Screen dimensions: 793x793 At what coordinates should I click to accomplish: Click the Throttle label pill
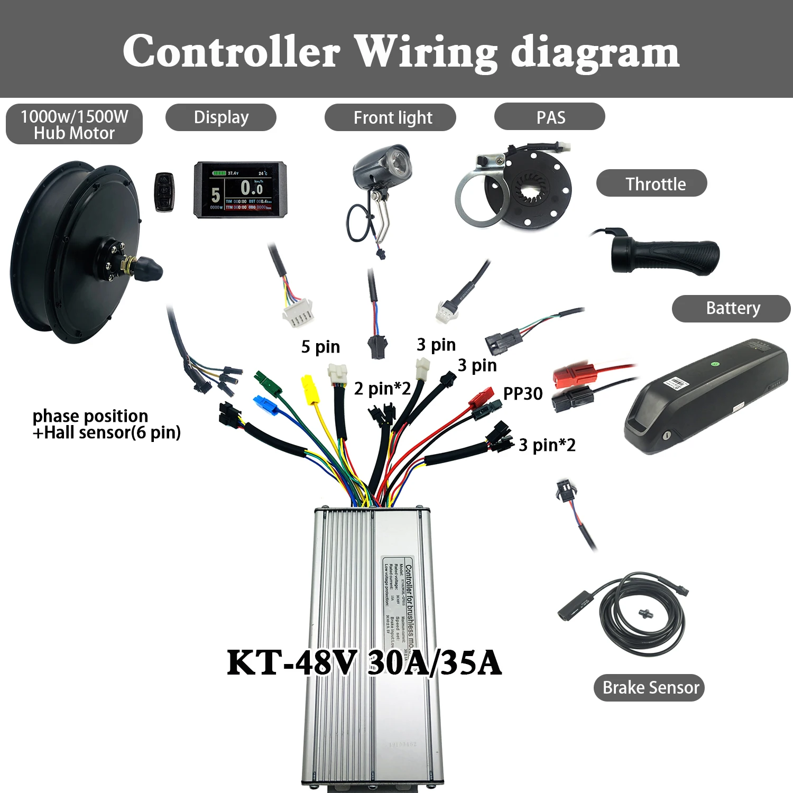click(x=651, y=183)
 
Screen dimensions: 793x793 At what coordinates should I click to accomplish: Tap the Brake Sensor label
click(x=649, y=687)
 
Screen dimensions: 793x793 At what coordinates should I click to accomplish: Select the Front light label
click(x=390, y=117)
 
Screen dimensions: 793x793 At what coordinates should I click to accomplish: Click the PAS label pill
click(x=549, y=117)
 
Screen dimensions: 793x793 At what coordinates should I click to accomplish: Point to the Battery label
click(x=731, y=308)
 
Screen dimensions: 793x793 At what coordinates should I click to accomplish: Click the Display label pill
click(x=221, y=117)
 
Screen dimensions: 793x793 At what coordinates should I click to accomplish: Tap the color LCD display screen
click(x=241, y=190)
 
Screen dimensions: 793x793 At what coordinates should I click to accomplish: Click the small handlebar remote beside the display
click(x=164, y=192)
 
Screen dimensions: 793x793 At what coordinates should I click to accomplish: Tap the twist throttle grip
click(x=666, y=256)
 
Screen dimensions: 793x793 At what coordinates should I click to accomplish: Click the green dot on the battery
click(x=715, y=364)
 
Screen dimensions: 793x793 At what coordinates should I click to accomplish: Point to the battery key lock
click(x=667, y=436)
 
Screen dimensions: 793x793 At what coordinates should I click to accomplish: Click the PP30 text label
click(x=522, y=394)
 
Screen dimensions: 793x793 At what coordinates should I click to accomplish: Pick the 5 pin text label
click(x=320, y=347)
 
